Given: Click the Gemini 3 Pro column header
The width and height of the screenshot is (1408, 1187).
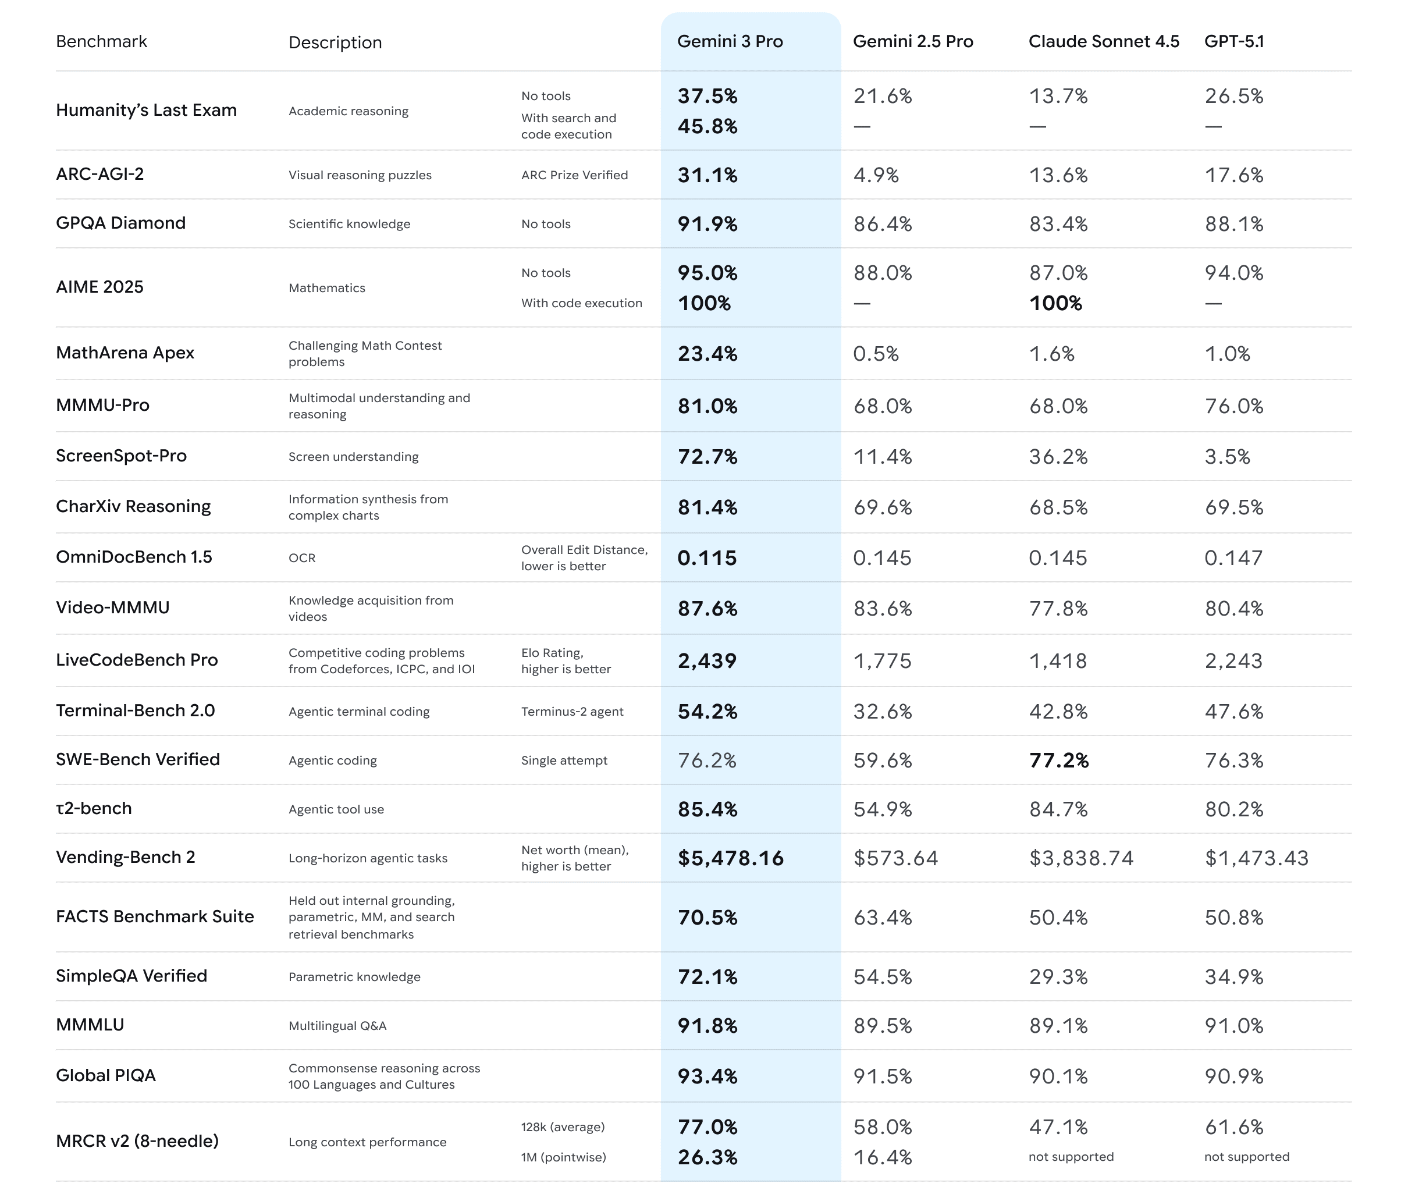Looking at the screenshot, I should (730, 42).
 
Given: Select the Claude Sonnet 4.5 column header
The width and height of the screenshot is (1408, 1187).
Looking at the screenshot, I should (1103, 42).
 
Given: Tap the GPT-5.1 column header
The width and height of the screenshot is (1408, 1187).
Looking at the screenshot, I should (1234, 42).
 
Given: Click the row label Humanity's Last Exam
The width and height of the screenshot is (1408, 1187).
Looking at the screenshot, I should (146, 111).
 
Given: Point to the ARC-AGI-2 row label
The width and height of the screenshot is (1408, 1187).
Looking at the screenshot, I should (99, 175).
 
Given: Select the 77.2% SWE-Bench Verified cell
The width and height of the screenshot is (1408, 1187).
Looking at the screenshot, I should (1058, 760).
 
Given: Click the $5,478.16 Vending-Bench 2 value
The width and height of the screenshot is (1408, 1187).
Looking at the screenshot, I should (730, 858).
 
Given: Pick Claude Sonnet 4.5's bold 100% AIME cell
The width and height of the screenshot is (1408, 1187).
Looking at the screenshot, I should (1055, 304).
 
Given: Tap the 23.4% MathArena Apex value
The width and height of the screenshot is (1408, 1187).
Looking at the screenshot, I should (707, 354).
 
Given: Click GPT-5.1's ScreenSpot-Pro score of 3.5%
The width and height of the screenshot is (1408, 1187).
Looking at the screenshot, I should (1227, 457).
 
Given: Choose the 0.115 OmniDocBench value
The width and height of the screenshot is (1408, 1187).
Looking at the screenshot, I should (706, 558).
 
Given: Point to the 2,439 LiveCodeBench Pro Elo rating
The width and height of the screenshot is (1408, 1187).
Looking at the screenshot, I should (706, 661).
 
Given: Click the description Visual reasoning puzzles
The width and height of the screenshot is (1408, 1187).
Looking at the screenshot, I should (360, 175).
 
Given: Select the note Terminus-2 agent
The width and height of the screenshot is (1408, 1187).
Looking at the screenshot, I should (572, 711).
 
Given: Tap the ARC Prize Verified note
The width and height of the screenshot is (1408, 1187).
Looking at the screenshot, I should (574, 175).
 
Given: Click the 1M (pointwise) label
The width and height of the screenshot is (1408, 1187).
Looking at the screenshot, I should (563, 1157).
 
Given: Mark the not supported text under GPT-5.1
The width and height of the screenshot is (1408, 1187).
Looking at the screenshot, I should (1246, 1157).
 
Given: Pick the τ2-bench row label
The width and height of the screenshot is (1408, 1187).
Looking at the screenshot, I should (94, 808).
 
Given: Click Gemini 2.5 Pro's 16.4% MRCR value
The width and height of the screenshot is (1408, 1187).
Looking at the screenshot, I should (882, 1157).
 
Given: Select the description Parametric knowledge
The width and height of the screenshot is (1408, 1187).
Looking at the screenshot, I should (354, 976).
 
